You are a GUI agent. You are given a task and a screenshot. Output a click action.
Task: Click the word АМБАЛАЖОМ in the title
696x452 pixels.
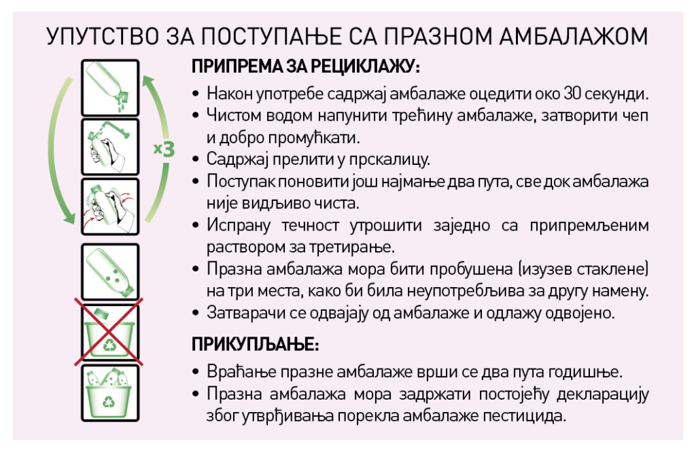tap(574, 37)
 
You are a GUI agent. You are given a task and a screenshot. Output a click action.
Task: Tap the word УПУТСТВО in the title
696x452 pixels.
tap(103, 37)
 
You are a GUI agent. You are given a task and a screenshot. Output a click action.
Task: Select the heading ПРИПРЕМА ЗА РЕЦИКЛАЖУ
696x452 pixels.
tap(306, 67)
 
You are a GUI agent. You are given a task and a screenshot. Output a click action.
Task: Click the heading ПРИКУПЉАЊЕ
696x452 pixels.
tap(256, 344)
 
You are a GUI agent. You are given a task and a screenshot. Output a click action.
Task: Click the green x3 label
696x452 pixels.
tap(164, 149)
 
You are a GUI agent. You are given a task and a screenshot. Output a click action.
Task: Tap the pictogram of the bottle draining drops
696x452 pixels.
tap(110, 88)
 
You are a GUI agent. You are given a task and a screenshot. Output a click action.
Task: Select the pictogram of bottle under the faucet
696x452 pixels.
tap(110, 147)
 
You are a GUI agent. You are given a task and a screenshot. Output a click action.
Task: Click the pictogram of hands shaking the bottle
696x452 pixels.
tap(110, 206)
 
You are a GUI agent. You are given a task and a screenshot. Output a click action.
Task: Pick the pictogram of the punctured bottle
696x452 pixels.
tap(110, 272)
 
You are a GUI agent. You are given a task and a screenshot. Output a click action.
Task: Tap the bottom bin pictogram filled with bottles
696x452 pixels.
tap(110, 393)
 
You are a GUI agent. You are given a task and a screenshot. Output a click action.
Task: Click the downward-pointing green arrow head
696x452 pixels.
tap(69, 218)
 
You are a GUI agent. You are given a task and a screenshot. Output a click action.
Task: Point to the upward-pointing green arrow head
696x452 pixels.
tap(149, 82)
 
